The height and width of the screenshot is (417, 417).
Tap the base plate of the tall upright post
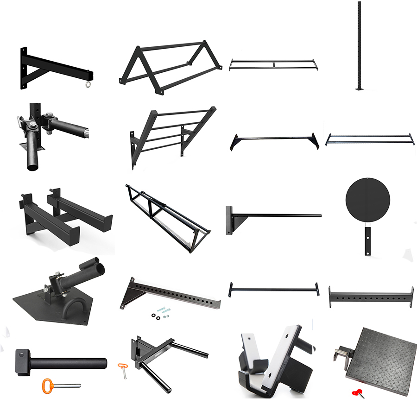[358, 89]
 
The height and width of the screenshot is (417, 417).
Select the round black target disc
[367, 202]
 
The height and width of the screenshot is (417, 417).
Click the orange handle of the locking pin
[49, 385]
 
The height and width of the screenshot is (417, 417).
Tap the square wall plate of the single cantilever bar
[230, 220]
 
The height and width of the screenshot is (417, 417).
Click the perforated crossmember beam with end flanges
[371, 297]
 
